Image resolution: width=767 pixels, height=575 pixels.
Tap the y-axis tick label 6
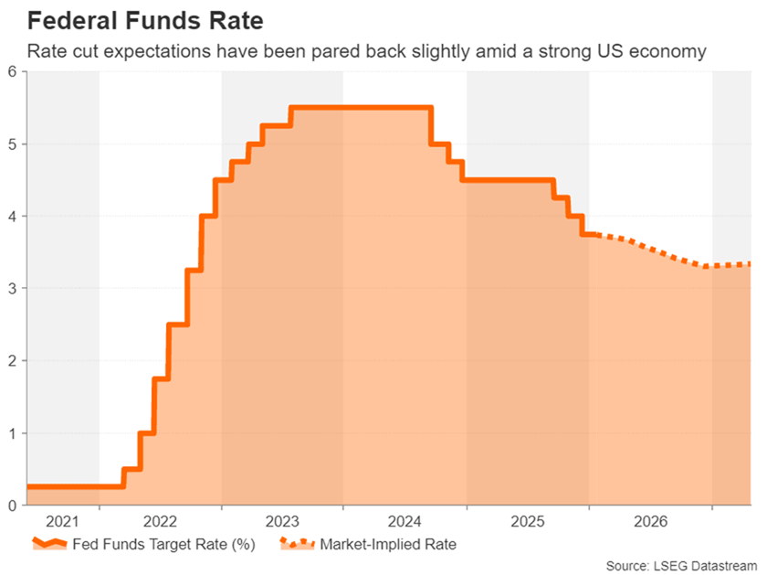(x=12, y=72)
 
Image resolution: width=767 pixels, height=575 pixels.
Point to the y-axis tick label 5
(x=12, y=144)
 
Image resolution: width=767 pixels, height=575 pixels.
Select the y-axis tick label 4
(x=12, y=217)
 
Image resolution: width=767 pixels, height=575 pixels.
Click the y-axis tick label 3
(x=12, y=289)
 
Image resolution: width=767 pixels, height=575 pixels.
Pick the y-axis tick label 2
(x=12, y=361)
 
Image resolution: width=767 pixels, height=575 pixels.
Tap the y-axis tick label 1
(x=12, y=433)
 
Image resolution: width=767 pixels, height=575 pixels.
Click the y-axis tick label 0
(x=12, y=506)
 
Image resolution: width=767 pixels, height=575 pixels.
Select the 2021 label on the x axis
(x=63, y=522)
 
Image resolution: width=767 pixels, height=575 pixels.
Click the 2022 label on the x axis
(x=160, y=522)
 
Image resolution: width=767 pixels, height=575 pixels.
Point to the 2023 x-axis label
(x=282, y=522)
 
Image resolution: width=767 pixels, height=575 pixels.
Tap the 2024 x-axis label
(x=405, y=522)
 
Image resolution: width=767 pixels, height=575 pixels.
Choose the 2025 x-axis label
(x=528, y=522)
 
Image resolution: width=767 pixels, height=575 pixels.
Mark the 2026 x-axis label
(x=650, y=522)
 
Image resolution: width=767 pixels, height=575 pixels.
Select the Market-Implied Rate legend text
(x=387, y=545)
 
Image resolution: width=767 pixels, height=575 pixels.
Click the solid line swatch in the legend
(x=51, y=545)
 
